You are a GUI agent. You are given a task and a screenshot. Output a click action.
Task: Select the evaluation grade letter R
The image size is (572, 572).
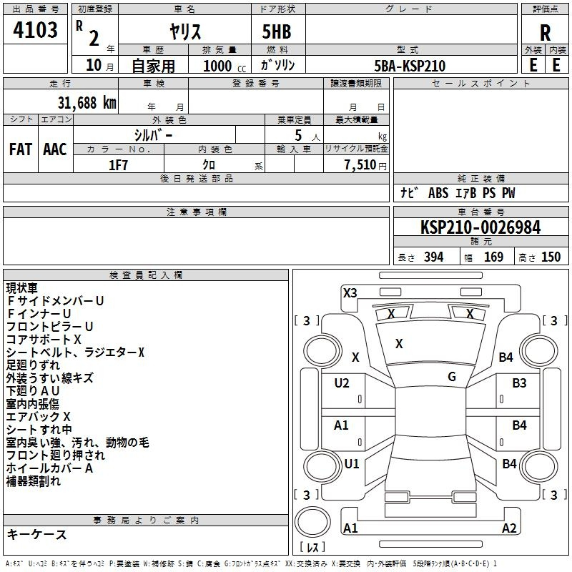(x=546, y=33)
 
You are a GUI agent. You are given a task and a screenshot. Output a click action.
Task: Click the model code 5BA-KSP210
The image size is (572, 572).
(x=410, y=66)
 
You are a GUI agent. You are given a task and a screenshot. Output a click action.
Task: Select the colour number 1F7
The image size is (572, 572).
(x=118, y=164)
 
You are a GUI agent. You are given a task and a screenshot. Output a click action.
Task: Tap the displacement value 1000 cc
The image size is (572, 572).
(x=223, y=66)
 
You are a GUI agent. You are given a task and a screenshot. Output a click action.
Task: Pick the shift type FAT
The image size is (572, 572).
(x=21, y=149)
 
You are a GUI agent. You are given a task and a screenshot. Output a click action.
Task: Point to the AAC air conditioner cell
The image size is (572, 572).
(x=55, y=149)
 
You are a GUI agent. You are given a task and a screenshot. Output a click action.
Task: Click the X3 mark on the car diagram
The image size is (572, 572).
(x=350, y=292)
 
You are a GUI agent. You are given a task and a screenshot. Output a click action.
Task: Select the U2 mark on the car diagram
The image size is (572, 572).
(x=342, y=383)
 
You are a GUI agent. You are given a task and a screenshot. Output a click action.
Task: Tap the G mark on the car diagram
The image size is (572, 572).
(x=452, y=377)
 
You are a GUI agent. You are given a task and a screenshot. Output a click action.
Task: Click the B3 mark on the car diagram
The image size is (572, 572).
(x=519, y=383)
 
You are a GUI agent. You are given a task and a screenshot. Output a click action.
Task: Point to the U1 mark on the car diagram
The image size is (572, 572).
(x=352, y=463)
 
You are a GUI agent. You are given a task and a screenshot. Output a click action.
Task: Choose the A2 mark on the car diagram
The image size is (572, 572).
(x=509, y=528)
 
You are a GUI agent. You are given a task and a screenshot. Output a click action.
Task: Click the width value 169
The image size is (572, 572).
(x=493, y=257)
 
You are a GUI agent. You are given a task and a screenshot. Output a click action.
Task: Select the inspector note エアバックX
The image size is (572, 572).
(x=39, y=416)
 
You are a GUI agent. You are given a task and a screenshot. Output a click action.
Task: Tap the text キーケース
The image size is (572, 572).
(x=36, y=535)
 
